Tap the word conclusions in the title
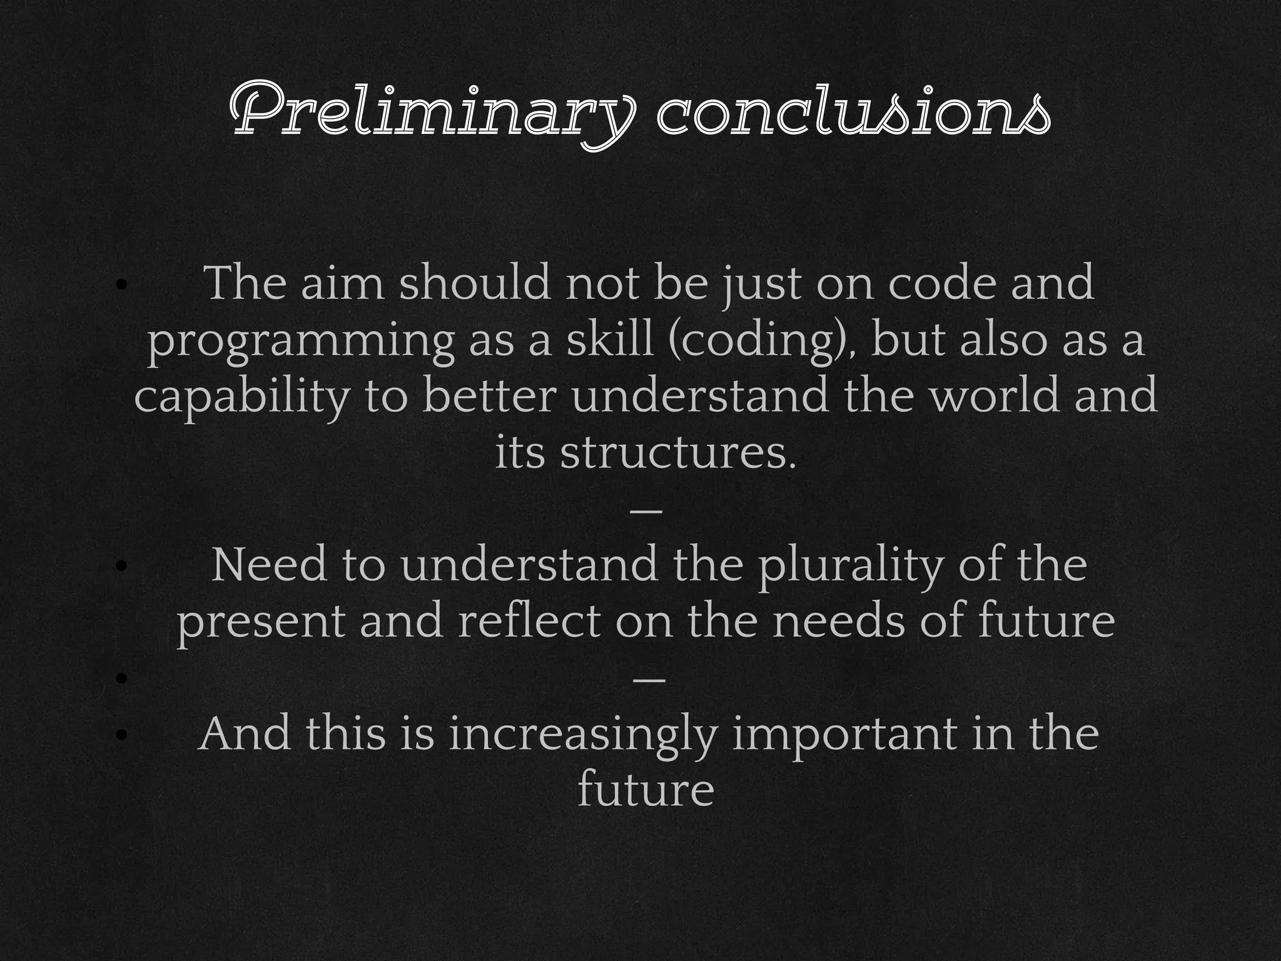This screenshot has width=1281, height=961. [x=853, y=113]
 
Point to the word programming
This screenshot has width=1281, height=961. [x=300, y=342]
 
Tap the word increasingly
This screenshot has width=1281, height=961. [x=581, y=735]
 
